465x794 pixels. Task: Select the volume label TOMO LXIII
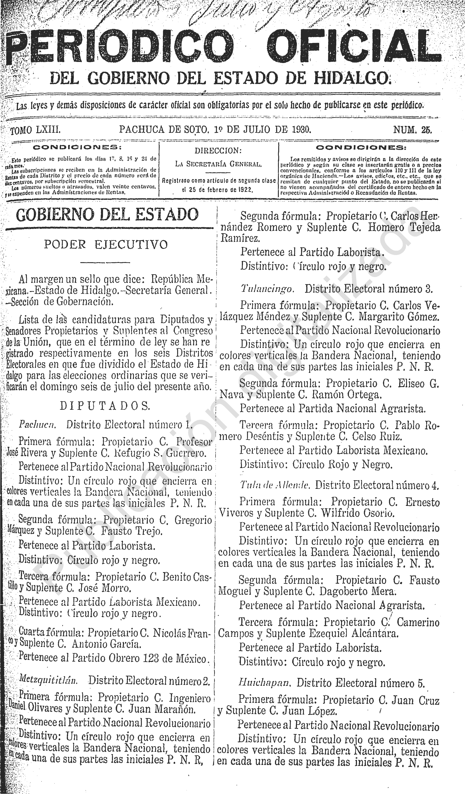coord(35,130)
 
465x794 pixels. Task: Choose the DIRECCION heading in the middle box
coord(218,151)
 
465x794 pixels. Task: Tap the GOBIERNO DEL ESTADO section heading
coord(107,215)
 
